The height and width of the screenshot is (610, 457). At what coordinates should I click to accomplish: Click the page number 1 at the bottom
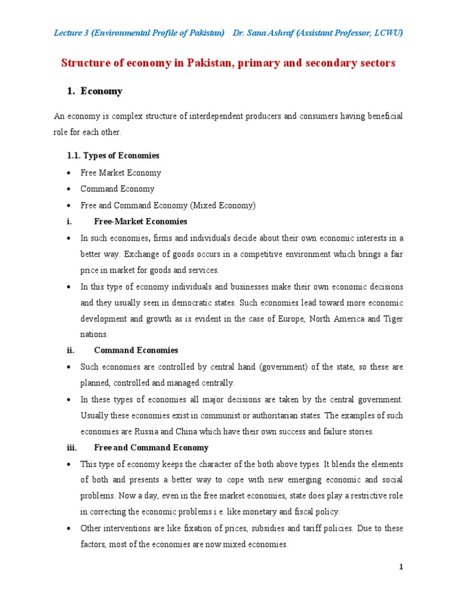point(401,567)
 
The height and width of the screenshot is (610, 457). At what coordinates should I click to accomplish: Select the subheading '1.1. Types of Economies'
point(112,155)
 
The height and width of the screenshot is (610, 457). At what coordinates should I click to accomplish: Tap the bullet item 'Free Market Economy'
point(121,173)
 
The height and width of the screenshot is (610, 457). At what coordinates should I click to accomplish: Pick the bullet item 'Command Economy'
point(117,189)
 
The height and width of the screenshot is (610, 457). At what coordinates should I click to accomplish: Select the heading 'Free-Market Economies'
point(140,222)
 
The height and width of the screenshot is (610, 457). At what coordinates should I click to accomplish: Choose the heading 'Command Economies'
point(136,350)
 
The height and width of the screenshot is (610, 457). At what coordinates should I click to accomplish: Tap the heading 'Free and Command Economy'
point(151,447)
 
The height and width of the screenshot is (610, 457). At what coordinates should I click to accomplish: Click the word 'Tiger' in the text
point(393,319)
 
